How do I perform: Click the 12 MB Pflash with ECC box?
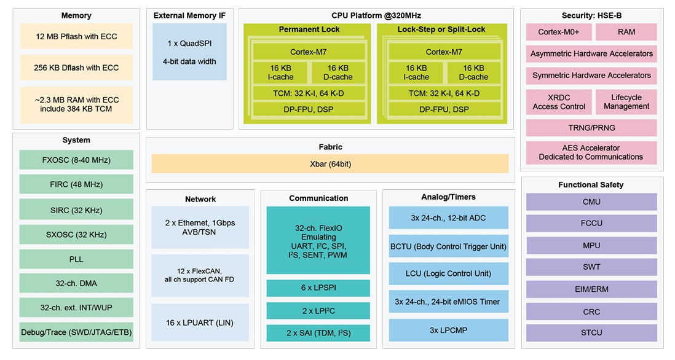pyautogui.click(x=76, y=37)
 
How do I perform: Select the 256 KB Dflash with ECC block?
pyautogui.click(x=76, y=68)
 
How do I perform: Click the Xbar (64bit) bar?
pyautogui.click(x=330, y=164)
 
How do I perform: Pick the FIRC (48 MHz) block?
pyautogui.click(x=76, y=184)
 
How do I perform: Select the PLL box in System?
pyautogui.click(x=76, y=259)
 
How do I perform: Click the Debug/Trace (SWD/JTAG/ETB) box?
pyautogui.click(x=76, y=333)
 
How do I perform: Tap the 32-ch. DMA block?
pyautogui.click(x=76, y=283)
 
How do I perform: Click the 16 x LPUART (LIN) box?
pyautogui.click(x=200, y=323)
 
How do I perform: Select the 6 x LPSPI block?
pyautogui.click(x=318, y=288)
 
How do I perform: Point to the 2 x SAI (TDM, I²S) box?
pyautogui.click(x=318, y=333)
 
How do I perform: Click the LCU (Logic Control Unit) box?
pyautogui.click(x=448, y=273)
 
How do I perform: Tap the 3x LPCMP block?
pyautogui.click(x=448, y=330)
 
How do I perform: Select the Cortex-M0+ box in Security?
pyautogui.click(x=556, y=32)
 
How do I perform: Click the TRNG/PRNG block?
pyautogui.click(x=591, y=128)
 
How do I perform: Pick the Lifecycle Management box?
pyautogui.click(x=626, y=102)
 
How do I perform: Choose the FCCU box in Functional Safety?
pyautogui.click(x=591, y=224)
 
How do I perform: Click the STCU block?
pyautogui.click(x=591, y=333)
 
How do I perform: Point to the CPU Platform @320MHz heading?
pyautogui.click(x=376, y=15)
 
